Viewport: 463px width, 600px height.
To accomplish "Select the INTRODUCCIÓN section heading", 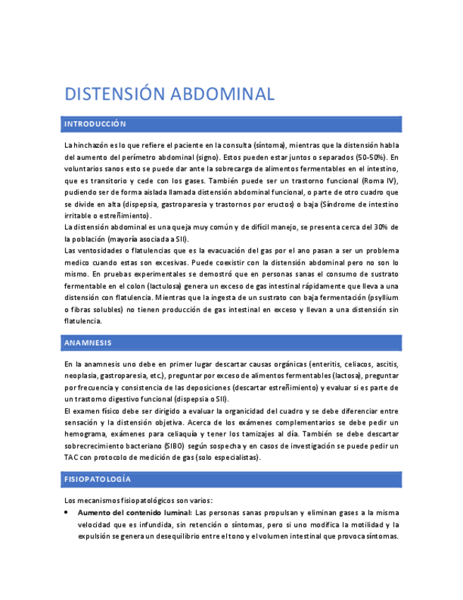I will click(95, 125).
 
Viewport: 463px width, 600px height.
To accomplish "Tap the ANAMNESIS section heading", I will click(88, 342).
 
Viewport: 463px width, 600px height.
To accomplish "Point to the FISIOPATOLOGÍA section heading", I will click(97, 479).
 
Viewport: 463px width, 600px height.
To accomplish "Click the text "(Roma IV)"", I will click(381, 180).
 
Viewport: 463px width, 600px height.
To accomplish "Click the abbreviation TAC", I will click(71, 457).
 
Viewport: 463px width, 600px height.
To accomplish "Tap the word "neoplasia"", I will click(81, 376).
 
